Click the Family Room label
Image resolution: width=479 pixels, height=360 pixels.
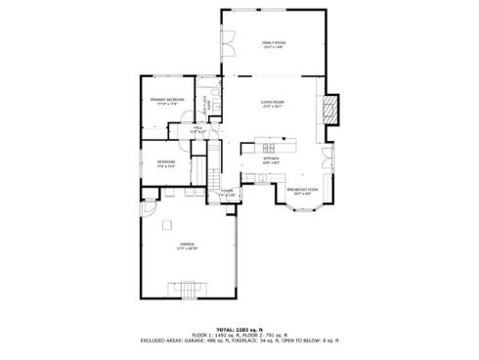click(x=273, y=44)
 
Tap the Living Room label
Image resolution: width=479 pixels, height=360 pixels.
click(x=272, y=103)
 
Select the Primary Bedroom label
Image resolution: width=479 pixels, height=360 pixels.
click(x=167, y=101)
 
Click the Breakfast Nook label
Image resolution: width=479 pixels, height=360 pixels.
click(x=298, y=190)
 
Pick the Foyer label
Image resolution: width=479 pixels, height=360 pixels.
click(x=226, y=192)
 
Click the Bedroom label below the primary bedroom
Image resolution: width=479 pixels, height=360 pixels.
click(x=166, y=163)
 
